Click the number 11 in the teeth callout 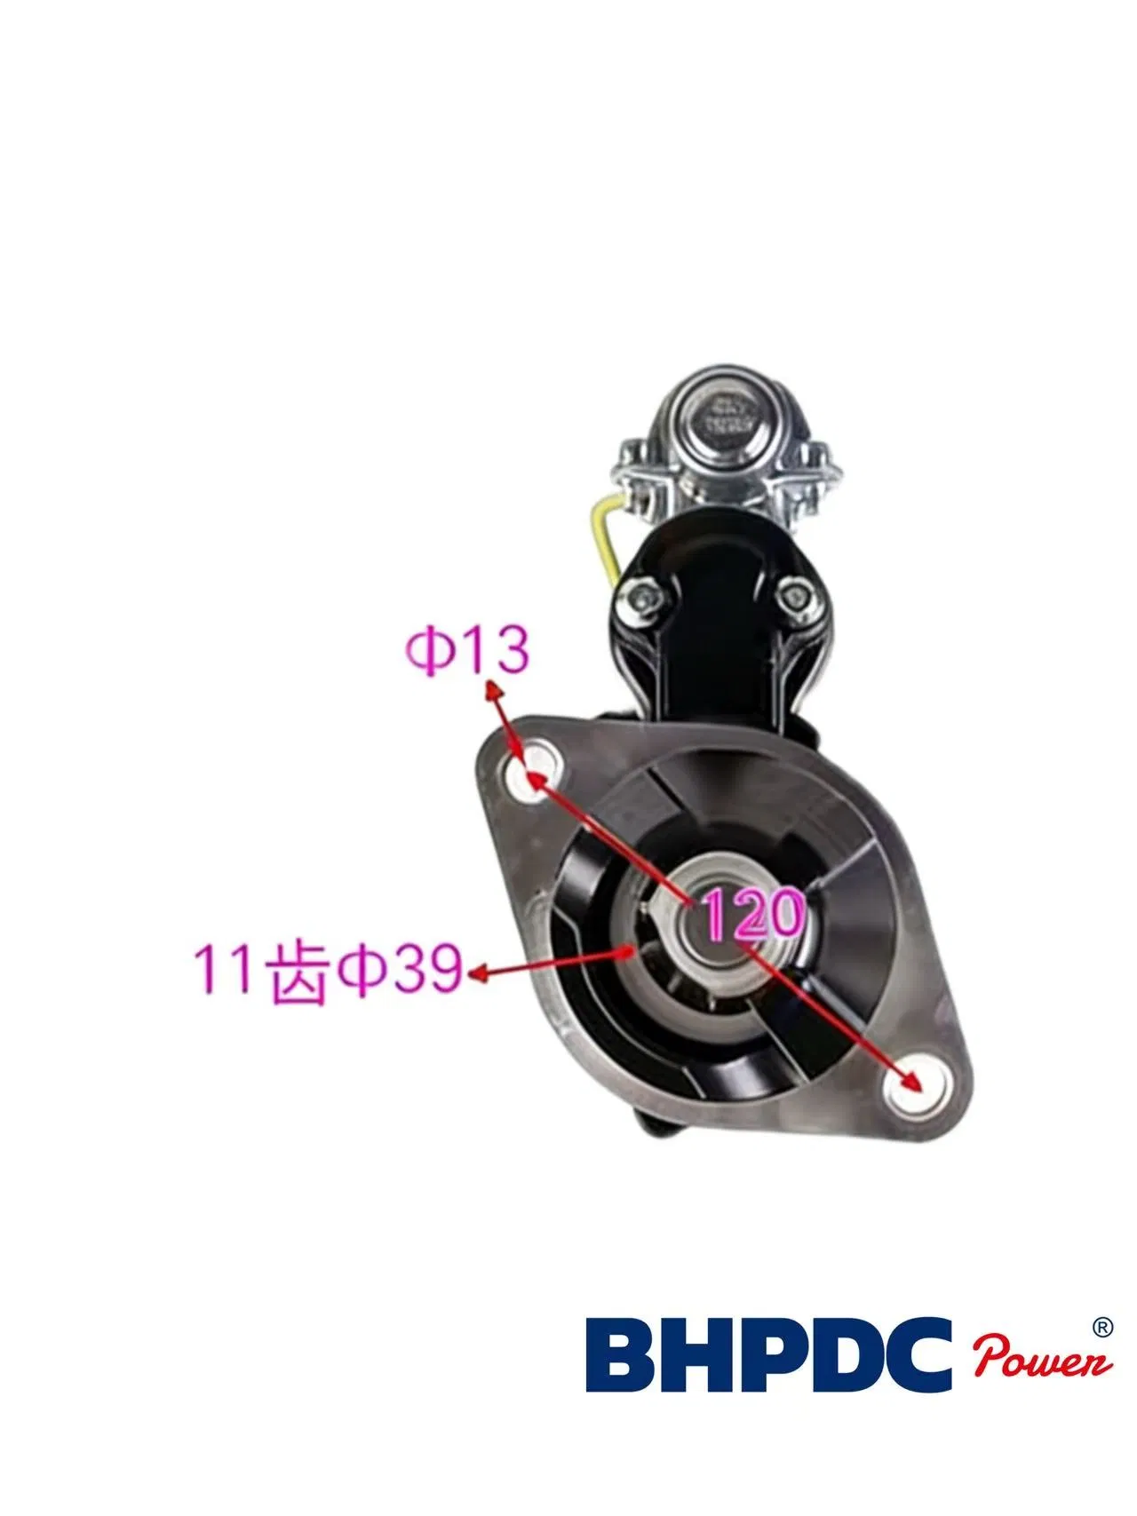pos(223,971)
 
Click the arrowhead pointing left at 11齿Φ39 pos(479,973)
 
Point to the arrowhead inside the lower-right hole pos(910,1080)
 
